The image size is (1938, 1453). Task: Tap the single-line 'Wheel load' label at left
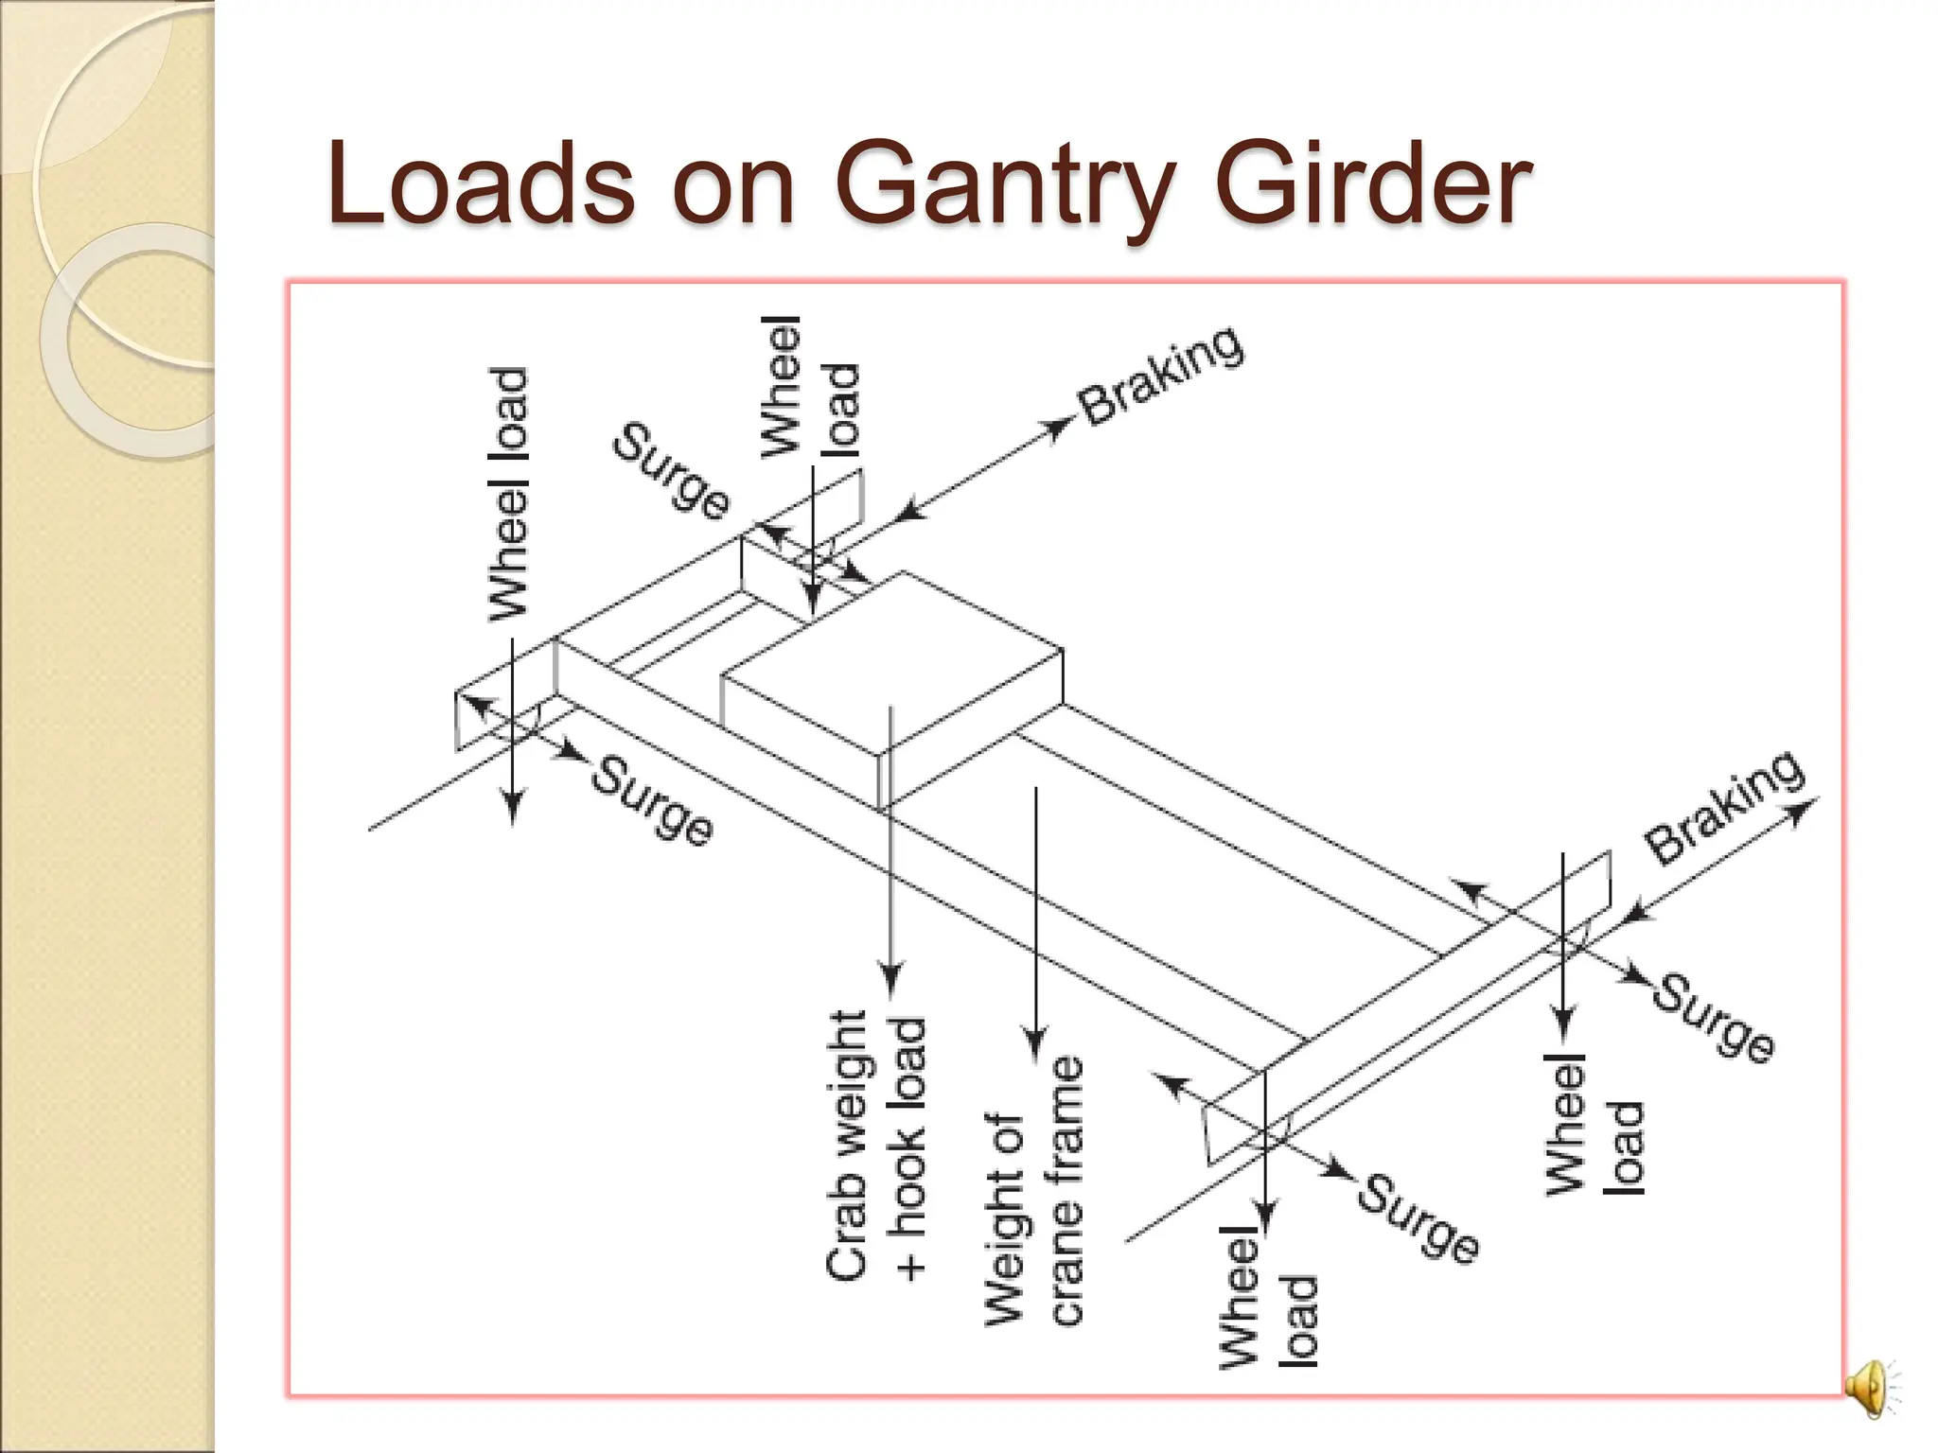508,494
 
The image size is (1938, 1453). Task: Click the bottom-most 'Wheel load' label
1268,1296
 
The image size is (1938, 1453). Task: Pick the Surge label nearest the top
672,471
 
